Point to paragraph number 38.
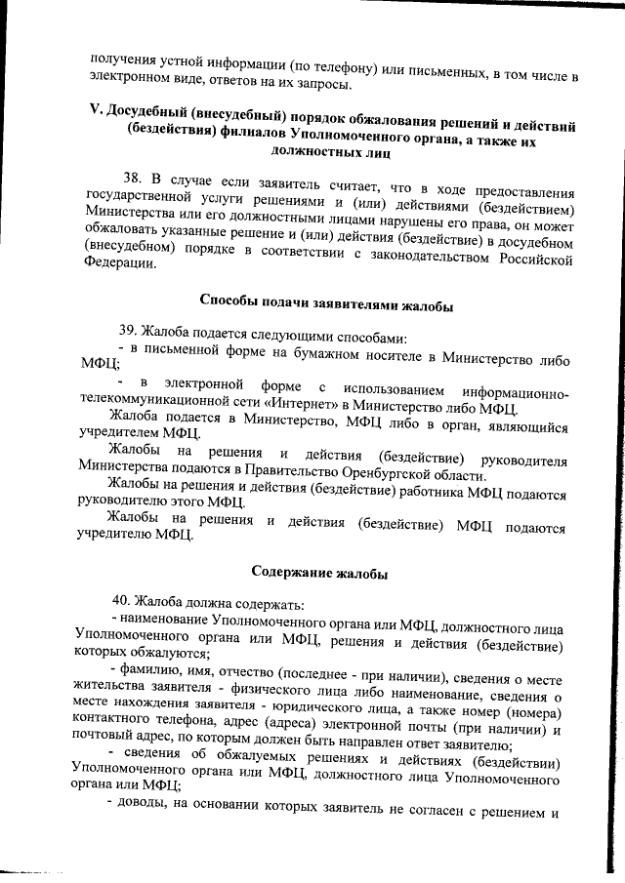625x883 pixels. pos(133,178)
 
